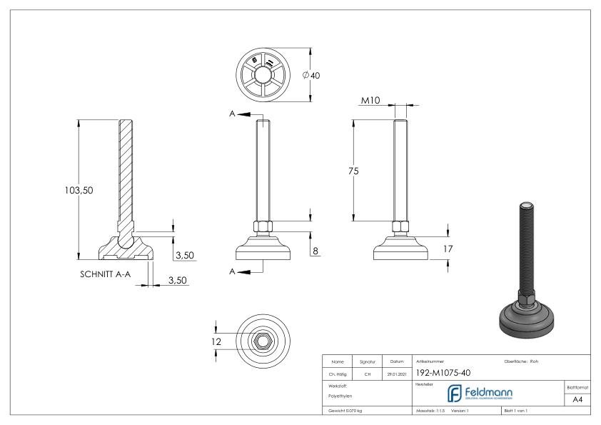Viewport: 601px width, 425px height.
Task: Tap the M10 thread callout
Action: click(370, 101)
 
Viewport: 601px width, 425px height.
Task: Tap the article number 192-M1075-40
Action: click(443, 372)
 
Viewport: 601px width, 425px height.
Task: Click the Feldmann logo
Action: click(478, 394)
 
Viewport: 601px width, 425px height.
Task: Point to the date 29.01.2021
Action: click(398, 373)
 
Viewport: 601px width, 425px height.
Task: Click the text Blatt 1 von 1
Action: click(518, 411)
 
